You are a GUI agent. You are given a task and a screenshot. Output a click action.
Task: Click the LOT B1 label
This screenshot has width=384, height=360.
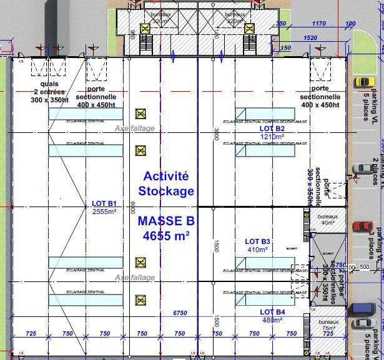coord(104,203)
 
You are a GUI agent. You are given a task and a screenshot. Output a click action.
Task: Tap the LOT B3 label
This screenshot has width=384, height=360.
coord(257,241)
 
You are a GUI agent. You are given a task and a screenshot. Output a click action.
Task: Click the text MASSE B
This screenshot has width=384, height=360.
coord(166,221)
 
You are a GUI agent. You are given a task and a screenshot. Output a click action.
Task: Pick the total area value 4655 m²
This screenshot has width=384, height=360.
coord(166,236)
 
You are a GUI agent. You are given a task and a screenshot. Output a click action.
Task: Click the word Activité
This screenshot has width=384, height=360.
coord(165,177)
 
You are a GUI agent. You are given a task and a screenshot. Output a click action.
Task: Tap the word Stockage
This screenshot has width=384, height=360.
coord(166,191)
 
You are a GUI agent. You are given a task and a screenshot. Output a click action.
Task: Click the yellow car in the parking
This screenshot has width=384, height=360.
coord(363,82)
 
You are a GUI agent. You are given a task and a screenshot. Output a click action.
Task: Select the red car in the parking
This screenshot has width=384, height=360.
coord(362,226)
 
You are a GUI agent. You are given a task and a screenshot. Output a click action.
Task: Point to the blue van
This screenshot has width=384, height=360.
coord(362,309)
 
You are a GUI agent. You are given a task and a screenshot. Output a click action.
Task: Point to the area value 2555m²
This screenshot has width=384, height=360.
coord(104,212)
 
